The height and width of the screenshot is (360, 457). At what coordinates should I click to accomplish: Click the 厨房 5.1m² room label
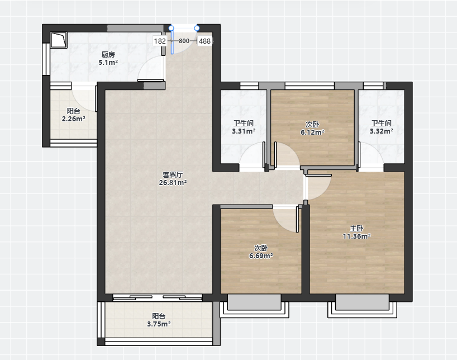click(108, 58)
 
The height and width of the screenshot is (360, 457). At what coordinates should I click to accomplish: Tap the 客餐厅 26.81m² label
click(173, 178)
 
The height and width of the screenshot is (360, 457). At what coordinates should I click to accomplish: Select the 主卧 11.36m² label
click(356, 232)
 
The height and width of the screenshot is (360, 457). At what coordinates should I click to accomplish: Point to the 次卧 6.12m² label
click(312, 129)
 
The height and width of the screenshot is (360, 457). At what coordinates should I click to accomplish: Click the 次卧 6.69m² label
click(261, 252)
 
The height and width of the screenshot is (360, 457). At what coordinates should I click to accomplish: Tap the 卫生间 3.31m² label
click(244, 127)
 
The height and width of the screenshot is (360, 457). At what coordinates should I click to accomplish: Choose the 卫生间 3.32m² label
click(382, 127)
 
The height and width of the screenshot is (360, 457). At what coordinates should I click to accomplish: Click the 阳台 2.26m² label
click(73, 115)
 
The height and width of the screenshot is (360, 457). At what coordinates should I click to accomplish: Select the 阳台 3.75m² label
click(159, 320)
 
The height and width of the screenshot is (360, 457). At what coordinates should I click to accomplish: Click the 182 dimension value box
click(160, 41)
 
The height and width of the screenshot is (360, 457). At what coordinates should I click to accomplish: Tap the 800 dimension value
click(184, 41)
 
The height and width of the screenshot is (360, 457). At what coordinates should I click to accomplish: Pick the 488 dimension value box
click(204, 41)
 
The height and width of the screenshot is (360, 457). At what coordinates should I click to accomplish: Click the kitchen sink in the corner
click(59, 40)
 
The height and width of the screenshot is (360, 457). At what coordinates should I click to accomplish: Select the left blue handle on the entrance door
click(172, 28)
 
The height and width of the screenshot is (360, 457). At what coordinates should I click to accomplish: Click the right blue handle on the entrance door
click(197, 28)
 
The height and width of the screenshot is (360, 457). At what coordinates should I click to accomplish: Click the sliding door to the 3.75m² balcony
click(158, 297)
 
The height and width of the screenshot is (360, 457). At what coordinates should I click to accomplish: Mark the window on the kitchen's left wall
click(46, 59)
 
